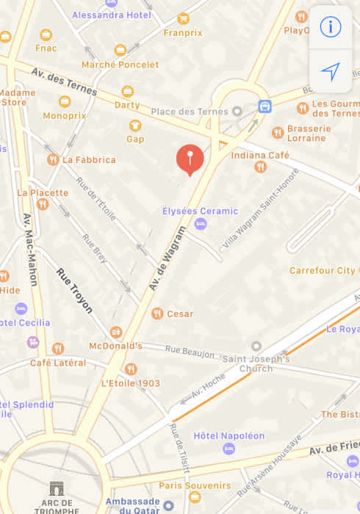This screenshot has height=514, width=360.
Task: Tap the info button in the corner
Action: tap(331, 27)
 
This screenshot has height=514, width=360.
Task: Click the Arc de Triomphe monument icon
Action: tap(57, 488)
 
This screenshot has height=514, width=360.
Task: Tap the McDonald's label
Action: tap(115, 345)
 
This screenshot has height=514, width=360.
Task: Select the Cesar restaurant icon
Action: tap(157, 314)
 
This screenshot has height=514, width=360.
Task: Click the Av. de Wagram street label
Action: tap(166, 256)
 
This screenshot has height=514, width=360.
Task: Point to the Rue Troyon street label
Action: tap(74, 291)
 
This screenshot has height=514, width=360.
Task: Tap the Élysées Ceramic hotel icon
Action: tap(201, 224)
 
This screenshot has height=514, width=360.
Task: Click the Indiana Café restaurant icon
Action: tap(260, 167)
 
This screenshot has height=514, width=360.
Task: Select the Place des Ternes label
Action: tap(190, 112)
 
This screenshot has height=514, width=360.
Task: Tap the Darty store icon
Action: tap(128, 92)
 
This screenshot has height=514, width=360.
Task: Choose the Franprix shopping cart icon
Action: tap(183, 19)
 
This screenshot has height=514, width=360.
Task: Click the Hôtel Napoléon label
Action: tap(228, 435)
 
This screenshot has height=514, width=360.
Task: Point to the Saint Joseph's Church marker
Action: tap(256, 346)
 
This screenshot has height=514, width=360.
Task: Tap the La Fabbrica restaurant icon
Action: tap(53, 159)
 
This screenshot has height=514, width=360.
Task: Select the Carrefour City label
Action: tap(322, 270)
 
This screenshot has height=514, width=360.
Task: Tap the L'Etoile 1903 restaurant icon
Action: tap(131, 369)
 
